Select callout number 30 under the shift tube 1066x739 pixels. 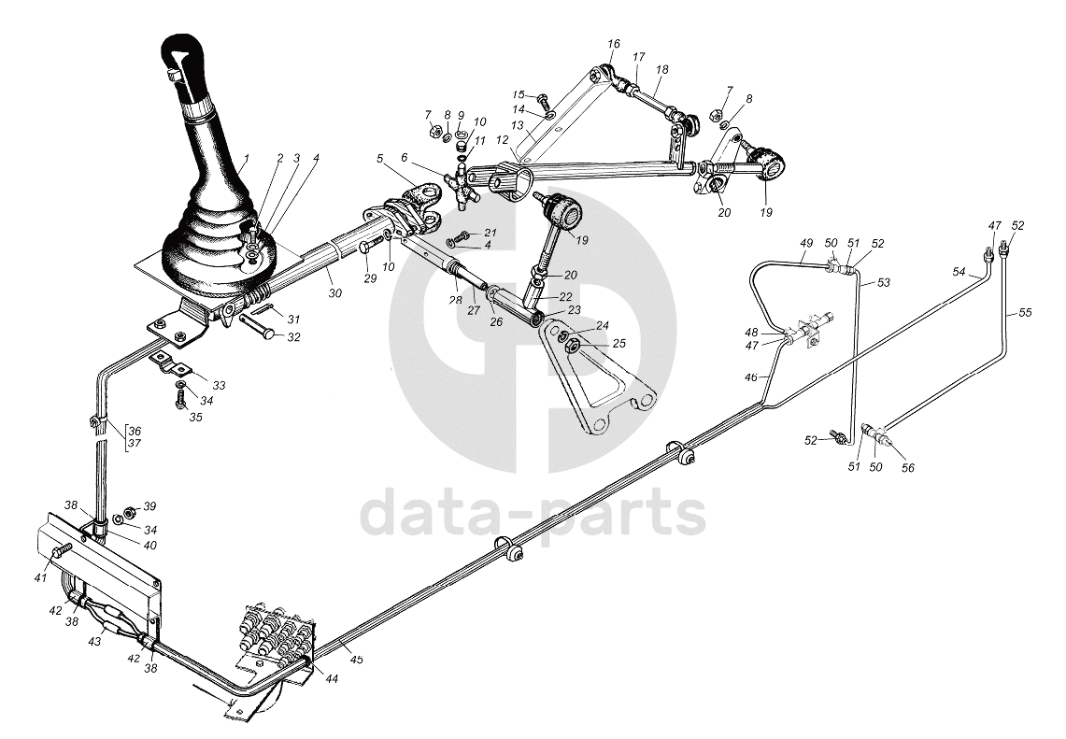pos(334,292)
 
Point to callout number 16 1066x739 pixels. pos(613,44)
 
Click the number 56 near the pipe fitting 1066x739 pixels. pos(907,468)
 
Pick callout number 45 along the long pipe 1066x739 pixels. pos(356,660)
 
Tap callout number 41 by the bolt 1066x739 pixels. pos(39,578)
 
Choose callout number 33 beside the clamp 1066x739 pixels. pos(219,385)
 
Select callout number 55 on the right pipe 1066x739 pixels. pos(1025,312)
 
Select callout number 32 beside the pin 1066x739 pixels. pos(293,337)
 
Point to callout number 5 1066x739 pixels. pos(380,159)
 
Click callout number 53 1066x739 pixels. pos(884,281)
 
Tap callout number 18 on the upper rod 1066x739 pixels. pos(661,70)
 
